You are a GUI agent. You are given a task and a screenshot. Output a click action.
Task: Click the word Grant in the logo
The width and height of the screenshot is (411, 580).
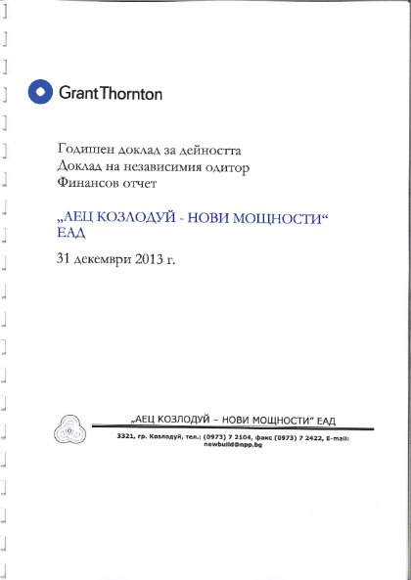point(78,94)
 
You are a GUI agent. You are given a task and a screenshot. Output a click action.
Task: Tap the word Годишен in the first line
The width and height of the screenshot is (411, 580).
point(82,151)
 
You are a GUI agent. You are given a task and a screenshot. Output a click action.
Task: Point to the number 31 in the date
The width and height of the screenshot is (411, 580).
point(66,262)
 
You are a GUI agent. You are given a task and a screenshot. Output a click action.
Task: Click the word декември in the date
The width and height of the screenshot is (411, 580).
point(106,262)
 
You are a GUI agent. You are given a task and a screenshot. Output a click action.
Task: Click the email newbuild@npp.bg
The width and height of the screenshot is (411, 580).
point(232,444)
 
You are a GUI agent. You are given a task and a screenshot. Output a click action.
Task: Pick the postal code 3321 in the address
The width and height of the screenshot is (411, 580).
point(124,437)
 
